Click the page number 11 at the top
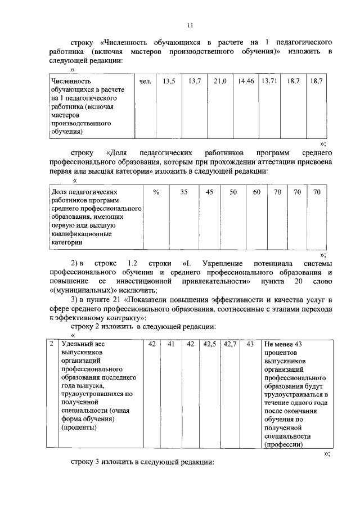(190, 25)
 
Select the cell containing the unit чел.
(145, 82)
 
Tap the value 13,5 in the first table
(169, 82)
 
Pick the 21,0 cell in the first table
(220, 82)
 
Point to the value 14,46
(246, 82)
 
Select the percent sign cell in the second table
(156, 192)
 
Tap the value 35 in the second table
(184, 192)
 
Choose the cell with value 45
(209, 192)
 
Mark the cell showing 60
(256, 192)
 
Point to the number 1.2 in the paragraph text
(133, 263)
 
